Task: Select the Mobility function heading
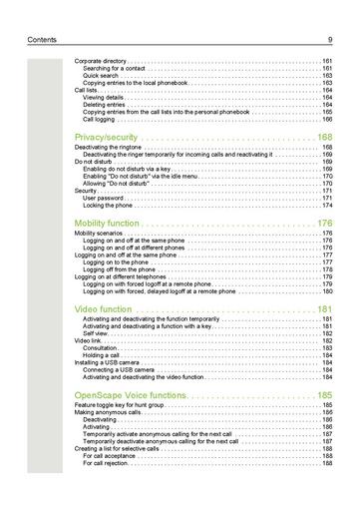tap(105, 223)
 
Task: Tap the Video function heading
tap(103, 309)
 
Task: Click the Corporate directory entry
tap(101, 61)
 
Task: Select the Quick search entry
tap(102, 75)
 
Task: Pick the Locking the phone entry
tap(107, 206)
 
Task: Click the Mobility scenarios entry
tap(101, 234)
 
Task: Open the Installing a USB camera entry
tap(107, 362)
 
